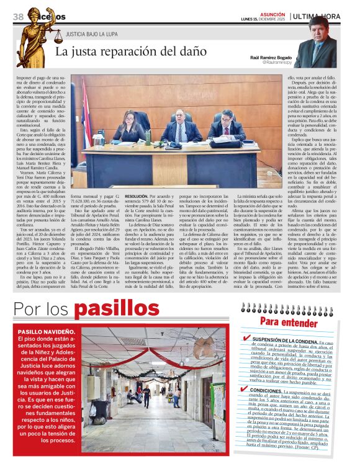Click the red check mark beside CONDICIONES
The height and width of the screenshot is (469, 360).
tap(247, 389)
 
